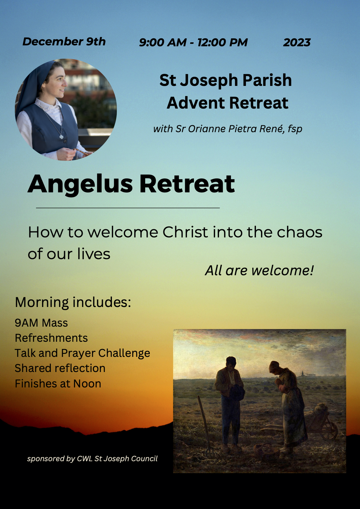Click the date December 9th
[64, 41]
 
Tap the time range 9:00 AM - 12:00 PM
[193, 43]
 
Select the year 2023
[297, 43]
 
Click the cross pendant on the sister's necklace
[61, 137]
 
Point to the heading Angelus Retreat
[131, 184]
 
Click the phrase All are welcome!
[259, 270]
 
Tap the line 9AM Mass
[41, 323]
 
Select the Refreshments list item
[51, 338]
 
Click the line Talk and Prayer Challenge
[83, 353]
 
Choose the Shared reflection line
[60, 368]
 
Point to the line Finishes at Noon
[58, 384]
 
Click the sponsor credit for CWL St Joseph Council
[92, 459]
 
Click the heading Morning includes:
[73, 302]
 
